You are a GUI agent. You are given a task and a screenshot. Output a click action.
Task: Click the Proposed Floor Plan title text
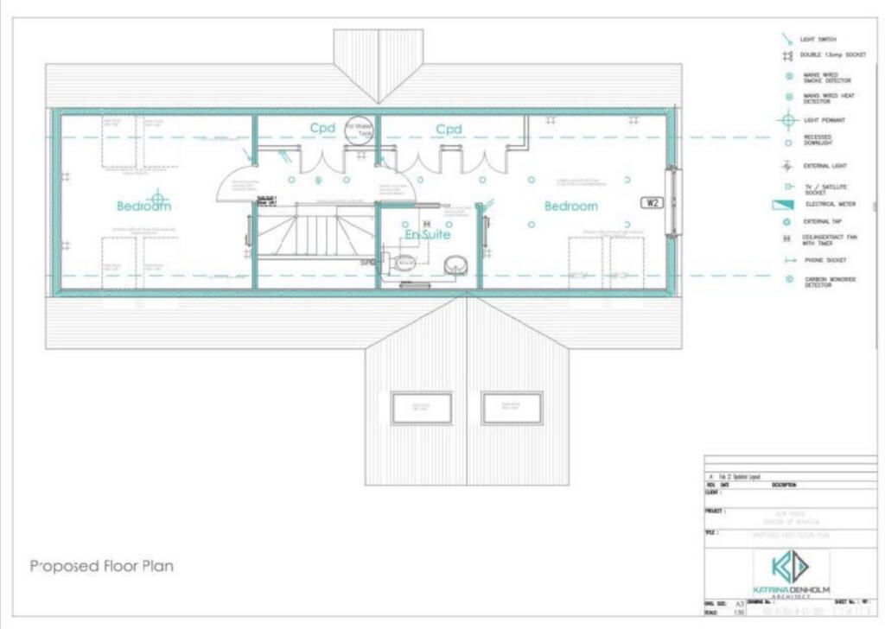point(102,567)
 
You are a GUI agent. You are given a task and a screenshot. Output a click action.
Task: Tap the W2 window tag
point(651,203)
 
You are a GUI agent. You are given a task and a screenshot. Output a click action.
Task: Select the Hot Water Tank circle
point(359,130)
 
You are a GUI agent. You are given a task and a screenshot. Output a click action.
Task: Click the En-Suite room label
point(428,234)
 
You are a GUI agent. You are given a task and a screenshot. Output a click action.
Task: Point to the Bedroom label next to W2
point(570,206)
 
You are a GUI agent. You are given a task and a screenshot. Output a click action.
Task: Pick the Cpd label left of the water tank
point(322,129)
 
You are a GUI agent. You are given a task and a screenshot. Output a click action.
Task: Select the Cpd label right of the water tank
point(449,130)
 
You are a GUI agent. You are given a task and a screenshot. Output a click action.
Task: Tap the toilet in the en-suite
point(404,262)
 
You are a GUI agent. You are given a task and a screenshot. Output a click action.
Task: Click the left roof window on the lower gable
point(421,408)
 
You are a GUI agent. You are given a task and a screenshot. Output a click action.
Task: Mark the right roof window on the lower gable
point(512,408)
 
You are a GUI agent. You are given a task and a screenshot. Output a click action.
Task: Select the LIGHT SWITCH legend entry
point(818,39)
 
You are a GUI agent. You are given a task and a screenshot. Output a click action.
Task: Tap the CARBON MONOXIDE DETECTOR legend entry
point(827,282)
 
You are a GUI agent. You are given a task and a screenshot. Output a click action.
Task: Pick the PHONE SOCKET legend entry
point(823,260)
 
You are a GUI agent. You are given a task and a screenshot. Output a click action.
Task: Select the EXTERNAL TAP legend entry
point(822,222)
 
